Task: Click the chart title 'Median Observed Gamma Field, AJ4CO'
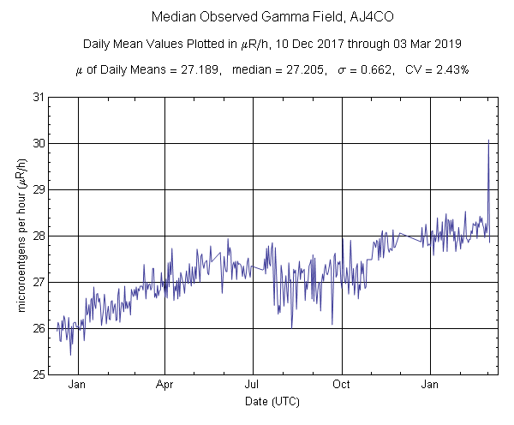(x=257, y=17)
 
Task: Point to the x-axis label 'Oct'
(x=342, y=386)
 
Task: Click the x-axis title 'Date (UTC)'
(x=272, y=401)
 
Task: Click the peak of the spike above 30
(x=488, y=140)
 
